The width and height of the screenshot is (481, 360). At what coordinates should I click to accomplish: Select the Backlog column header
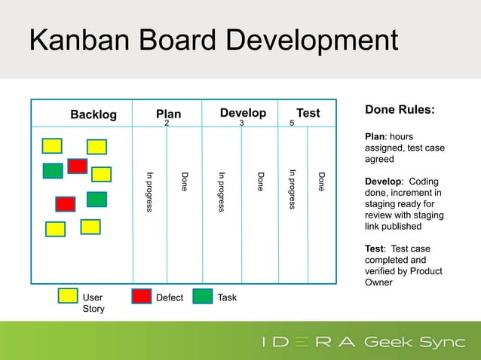pos(93,114)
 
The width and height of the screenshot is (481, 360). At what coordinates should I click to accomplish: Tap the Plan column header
pos(168,114)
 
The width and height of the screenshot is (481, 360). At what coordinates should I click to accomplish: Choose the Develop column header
pos(243,113)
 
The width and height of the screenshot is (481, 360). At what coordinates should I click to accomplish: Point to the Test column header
pos(308,113)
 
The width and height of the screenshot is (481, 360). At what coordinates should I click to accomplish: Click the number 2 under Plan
pos(167,124)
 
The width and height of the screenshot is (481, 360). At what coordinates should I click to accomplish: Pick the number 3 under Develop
pos(241,124)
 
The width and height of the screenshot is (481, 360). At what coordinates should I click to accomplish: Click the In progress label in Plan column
pos(149,192)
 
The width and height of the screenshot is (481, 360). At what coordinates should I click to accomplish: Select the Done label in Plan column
pos(184,182)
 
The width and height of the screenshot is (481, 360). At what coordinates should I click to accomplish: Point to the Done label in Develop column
pos(260,182)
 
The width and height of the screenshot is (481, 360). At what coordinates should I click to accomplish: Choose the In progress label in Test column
pos(293,189)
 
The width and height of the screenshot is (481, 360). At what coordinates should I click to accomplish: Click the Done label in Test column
pos(321,182)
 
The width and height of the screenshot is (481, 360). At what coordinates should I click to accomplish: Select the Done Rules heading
pos(400,110)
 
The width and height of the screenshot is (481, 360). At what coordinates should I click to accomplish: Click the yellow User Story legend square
pos(68,296)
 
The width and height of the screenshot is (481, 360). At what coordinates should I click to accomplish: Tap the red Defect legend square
pos(141,296)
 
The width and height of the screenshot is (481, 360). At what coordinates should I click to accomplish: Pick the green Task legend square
pos(202,296)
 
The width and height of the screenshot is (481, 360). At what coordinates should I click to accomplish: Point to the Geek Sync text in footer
pos(415,343)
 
